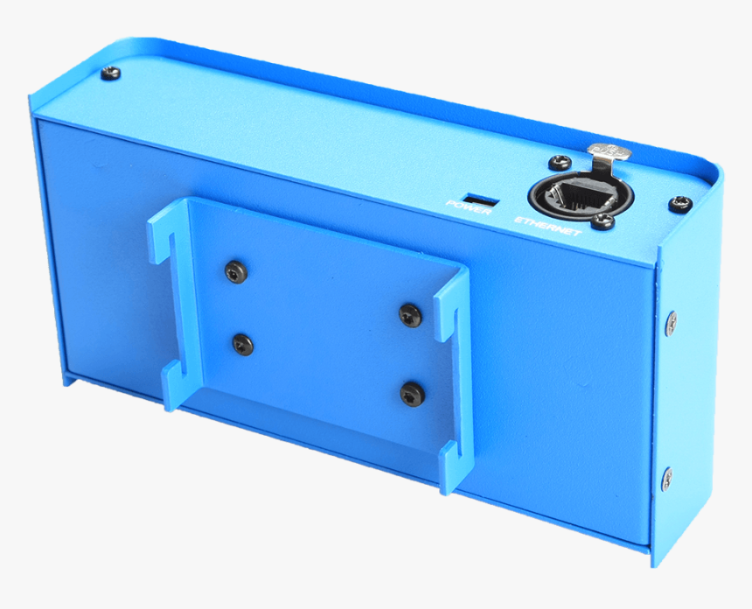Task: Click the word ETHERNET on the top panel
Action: pos(547,226)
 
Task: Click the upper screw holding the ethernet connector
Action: pos(558,163)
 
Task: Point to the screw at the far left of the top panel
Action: pos(110,73)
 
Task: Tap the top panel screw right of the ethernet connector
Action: pos(680,204)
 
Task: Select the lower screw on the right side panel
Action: pos(667,478)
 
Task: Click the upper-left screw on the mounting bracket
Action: pos(235,272)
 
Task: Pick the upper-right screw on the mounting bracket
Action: pos(411,315)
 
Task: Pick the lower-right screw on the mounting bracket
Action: pos(411,395)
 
